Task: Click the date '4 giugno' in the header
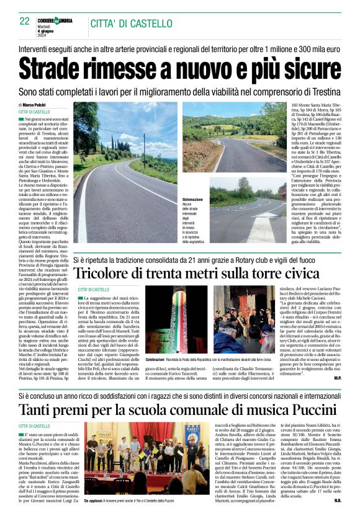55,31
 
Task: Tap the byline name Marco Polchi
38,105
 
